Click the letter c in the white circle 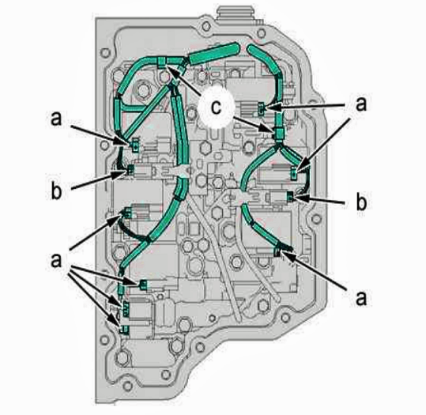coord(216,108)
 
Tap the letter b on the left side coord(56,191)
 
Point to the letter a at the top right coord(361,104)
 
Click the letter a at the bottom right coord(361,298)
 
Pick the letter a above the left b coord(56,119)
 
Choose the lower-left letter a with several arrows coord(56,260)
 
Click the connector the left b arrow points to coord(130,171)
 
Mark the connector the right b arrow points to coord(290,197)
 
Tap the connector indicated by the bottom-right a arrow coord(277,252)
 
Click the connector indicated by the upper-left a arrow coord(135,144)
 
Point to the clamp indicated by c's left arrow coord(162,62)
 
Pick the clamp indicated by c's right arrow coord(279,133)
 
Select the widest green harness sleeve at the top coord(215,55)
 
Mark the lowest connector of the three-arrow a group coord(124,329)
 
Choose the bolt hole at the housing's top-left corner coord(105,53)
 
